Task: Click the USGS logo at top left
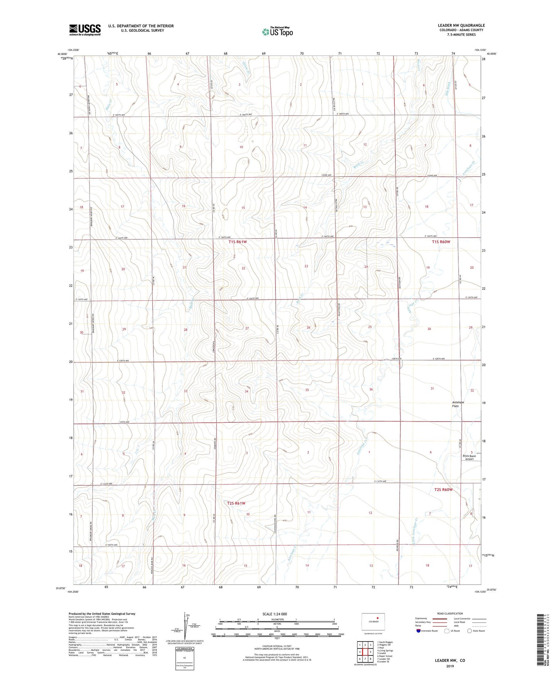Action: tap(85, 29)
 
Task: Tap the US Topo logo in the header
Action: tap(277, 32)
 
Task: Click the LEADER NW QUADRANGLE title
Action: tap(461, 25)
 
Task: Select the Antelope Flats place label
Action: tap(458, 404)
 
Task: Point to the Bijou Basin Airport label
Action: tap(469, 457)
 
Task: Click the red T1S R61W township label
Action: tap(237, 242)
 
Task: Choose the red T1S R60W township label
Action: tap(441, 242)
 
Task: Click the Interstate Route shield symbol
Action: tap(419, 631)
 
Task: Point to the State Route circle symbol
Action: tap(470, 631)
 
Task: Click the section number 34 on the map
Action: tap(246, 391)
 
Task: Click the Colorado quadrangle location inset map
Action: tap(373, 622)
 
